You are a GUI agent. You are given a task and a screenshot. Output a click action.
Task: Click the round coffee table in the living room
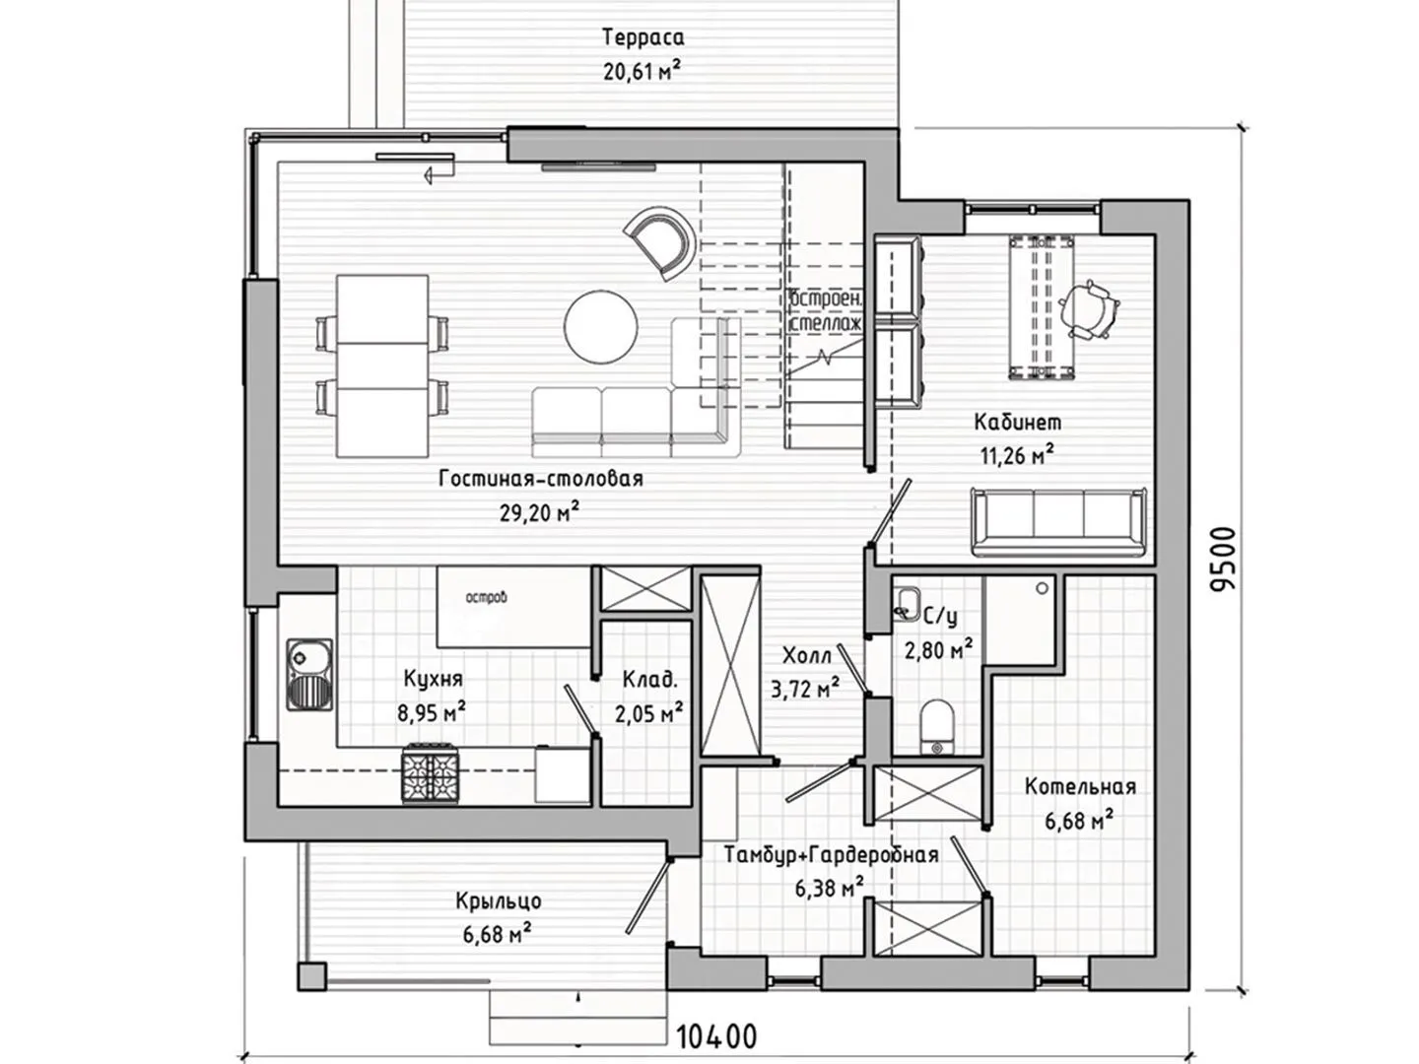tap(600, 327)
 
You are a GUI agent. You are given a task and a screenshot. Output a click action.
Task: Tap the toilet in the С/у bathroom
tap(937, 727)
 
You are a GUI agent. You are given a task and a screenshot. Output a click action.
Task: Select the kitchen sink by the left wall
tap(309, 675)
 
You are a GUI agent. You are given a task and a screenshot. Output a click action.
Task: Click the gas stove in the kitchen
tap(431, 774)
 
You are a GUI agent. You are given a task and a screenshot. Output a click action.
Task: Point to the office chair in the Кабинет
tap(1088, 309)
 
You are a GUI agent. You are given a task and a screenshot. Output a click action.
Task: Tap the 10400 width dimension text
tap(716, 1037)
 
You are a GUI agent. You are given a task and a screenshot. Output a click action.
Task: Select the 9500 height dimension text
tap(1223, 560)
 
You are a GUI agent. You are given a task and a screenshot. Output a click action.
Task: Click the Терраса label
tap(643, 36)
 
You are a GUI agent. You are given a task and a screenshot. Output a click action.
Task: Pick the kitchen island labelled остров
tap(513, 607)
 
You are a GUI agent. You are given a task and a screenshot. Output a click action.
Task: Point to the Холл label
tap(807, 656)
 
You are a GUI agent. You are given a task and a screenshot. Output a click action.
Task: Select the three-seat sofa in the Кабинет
tap(1059, 522)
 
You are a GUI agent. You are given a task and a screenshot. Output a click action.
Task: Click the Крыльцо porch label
tap(499, 900)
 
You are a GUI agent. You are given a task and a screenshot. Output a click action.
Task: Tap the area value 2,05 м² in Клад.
tap(649, 713)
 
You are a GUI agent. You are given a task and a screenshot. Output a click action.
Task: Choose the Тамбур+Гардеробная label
tap(832, 855)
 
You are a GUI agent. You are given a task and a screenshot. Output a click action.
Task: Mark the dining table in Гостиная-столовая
tap(382, 366)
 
